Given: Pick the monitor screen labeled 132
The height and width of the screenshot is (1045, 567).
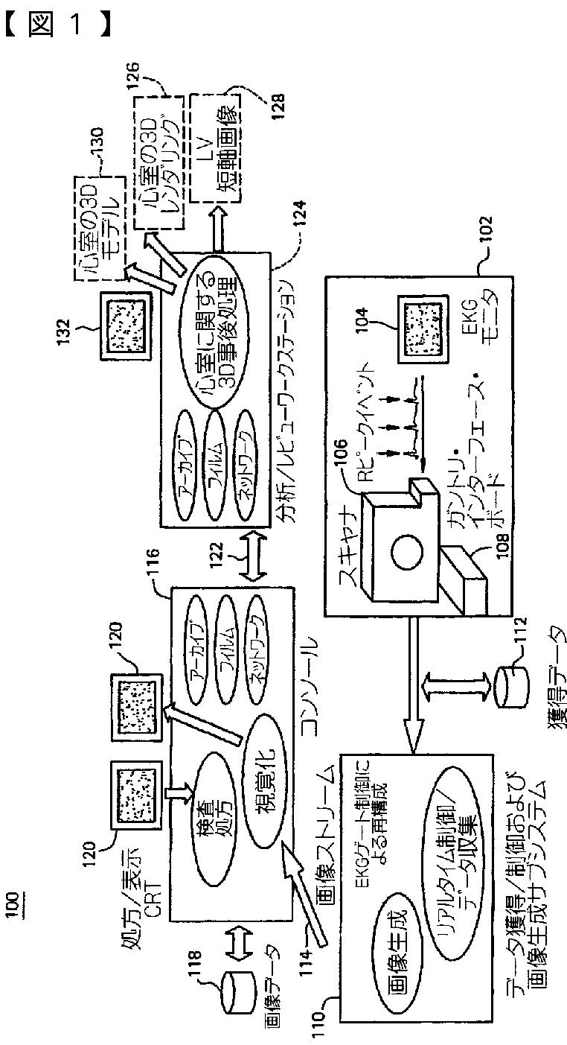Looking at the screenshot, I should [x=124, y=326].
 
